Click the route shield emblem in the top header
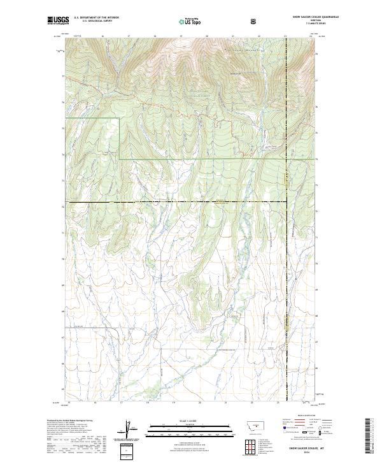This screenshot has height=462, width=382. pos(254,21)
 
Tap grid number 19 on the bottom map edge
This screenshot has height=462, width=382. pos(173,403)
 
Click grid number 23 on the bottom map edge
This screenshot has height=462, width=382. pos(278,403)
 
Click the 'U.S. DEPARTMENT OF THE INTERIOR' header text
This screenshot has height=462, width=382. pos(96,17)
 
